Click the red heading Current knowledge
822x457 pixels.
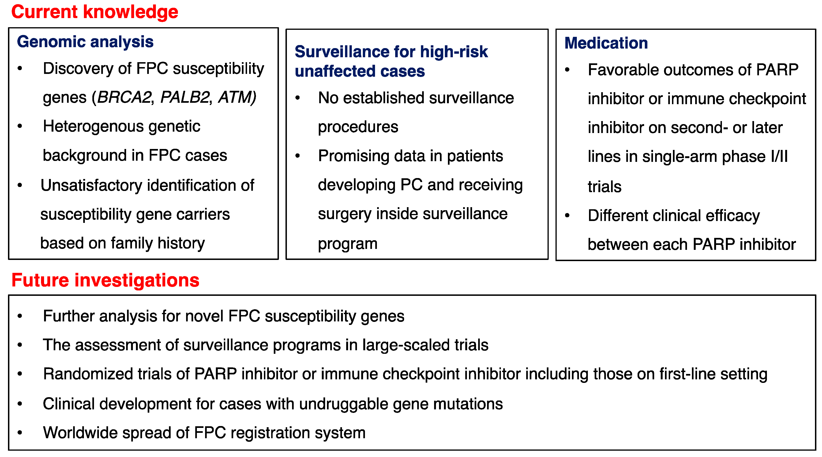tap(95, 12)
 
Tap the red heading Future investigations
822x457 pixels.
tap(105, 280)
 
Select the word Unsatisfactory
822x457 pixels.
tap(91, 186)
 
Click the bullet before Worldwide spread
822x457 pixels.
tap(20, 433)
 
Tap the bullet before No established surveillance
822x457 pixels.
tap(297, 98)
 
